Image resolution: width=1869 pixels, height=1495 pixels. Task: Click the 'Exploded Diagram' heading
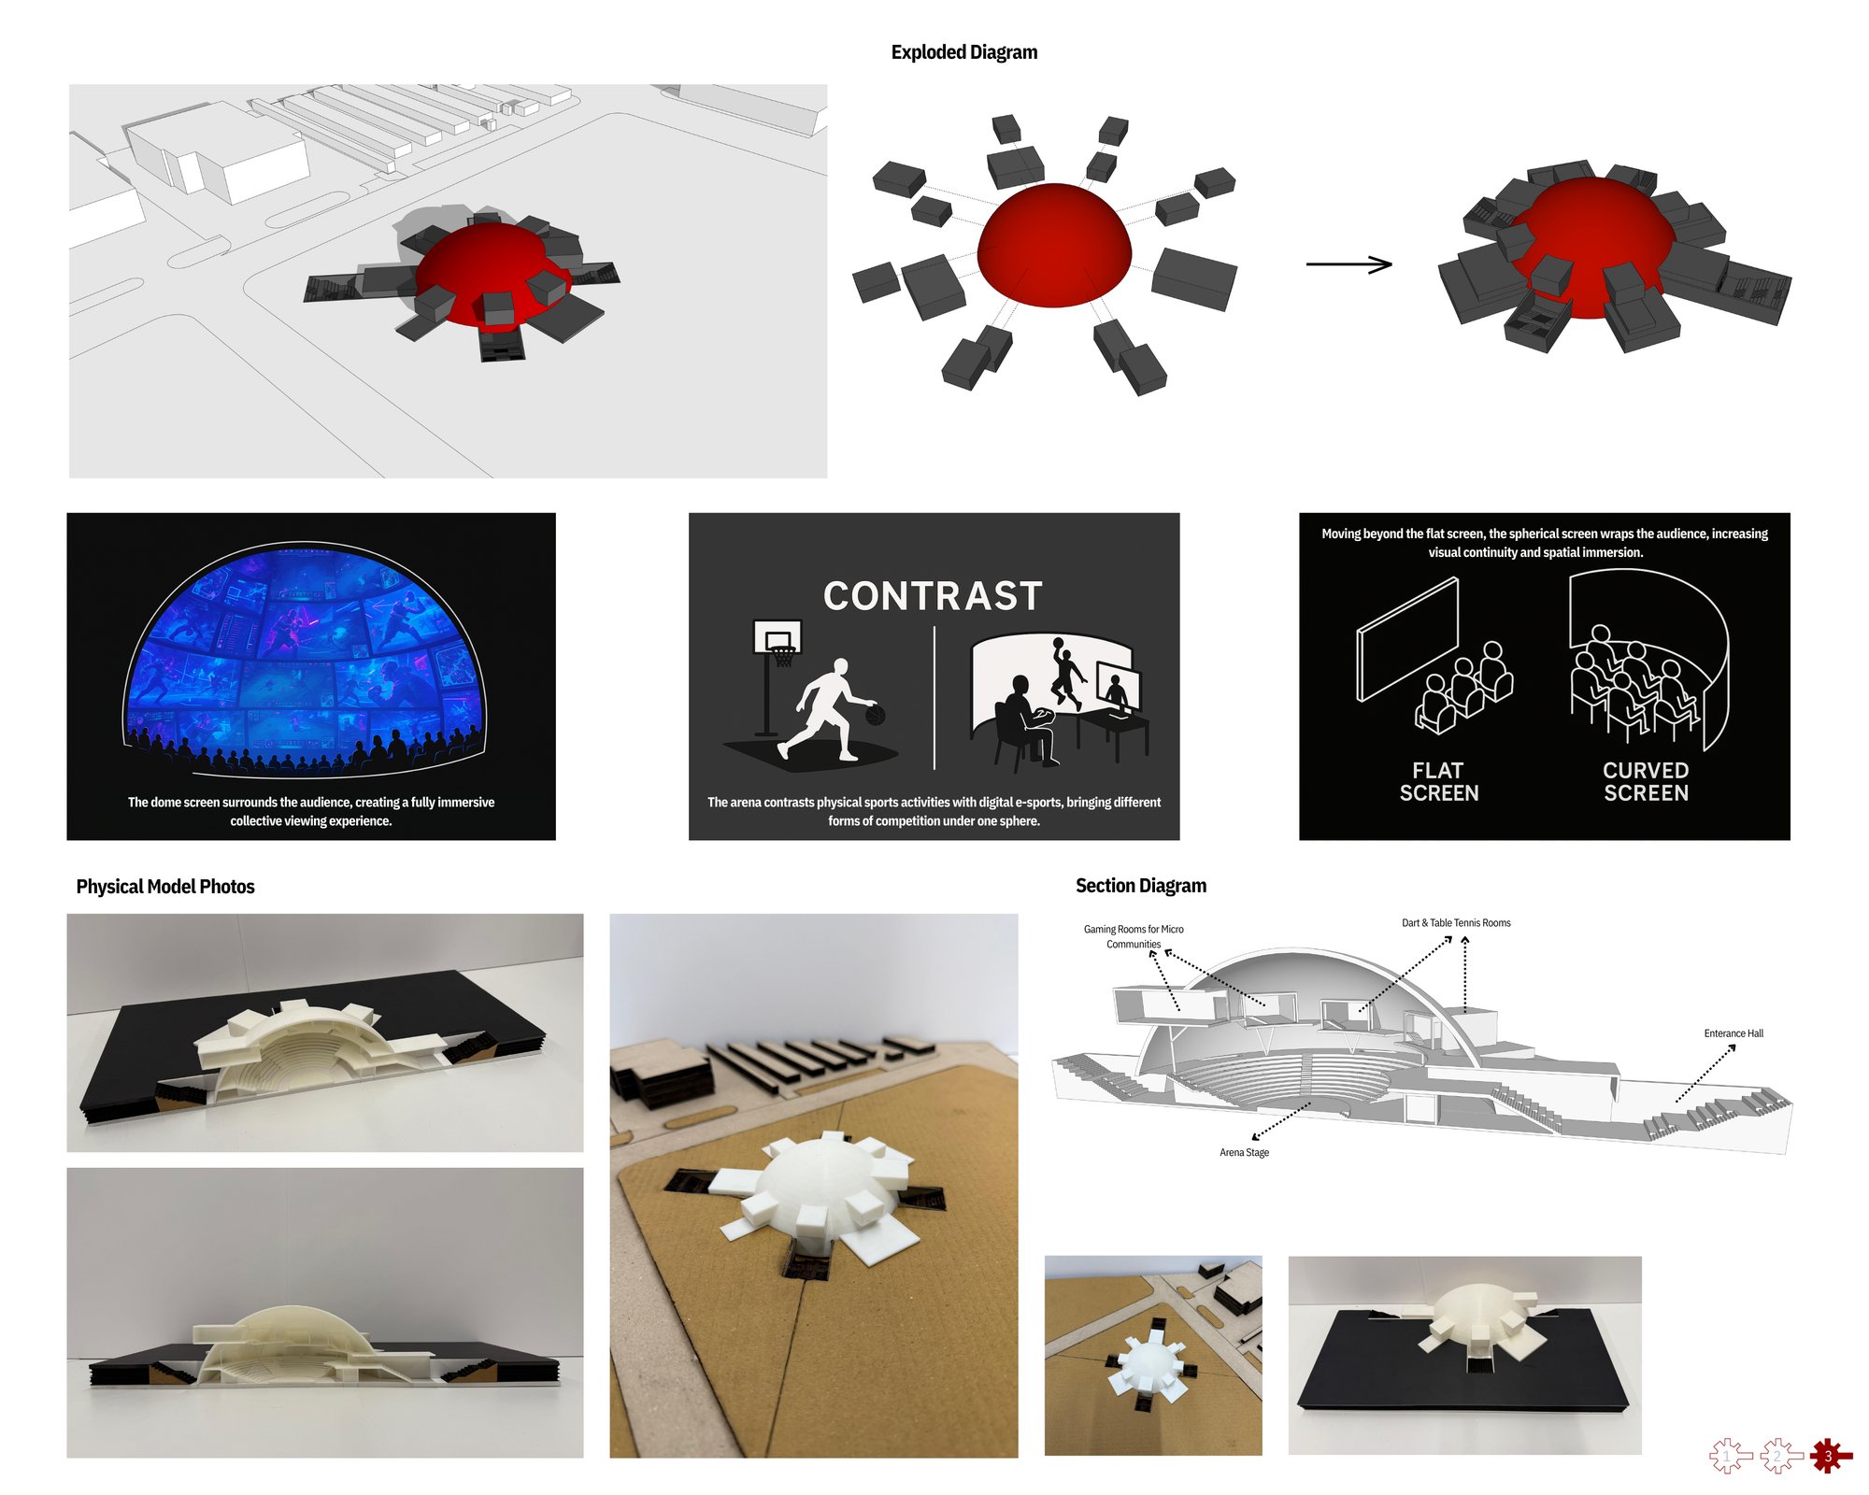coord(963,52)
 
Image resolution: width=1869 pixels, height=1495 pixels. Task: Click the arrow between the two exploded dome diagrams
coord(1348,264)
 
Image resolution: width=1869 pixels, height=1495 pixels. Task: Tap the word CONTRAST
coord(933,596)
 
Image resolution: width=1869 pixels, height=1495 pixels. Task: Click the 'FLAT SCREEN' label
coord(1439,781)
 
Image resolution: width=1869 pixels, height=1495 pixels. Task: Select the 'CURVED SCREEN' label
coord(1646,781)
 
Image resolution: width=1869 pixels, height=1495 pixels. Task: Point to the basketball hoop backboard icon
coord(778,637)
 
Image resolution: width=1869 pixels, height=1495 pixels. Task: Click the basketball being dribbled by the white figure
coord(876,715)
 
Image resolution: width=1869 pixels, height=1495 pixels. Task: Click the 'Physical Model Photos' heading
coord(165,887)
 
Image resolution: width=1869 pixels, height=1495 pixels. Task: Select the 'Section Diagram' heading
coord(1141,886)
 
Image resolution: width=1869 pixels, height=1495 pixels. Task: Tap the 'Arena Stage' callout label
coord(1244,1152)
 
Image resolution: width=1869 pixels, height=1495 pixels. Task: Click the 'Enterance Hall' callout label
coord(1733,1033)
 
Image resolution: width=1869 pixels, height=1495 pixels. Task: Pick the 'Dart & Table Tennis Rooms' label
coord(1456,923)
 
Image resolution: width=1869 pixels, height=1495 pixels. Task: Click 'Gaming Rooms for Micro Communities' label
coord(1134,936)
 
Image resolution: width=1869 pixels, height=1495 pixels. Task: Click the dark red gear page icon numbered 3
coord(1828,1456)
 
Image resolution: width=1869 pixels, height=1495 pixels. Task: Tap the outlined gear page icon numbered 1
coord(1727,1456)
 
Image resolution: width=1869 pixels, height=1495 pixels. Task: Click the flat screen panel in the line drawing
coord(1407,639)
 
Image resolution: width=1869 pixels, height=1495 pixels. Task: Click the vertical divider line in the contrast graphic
coord(934,698)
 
